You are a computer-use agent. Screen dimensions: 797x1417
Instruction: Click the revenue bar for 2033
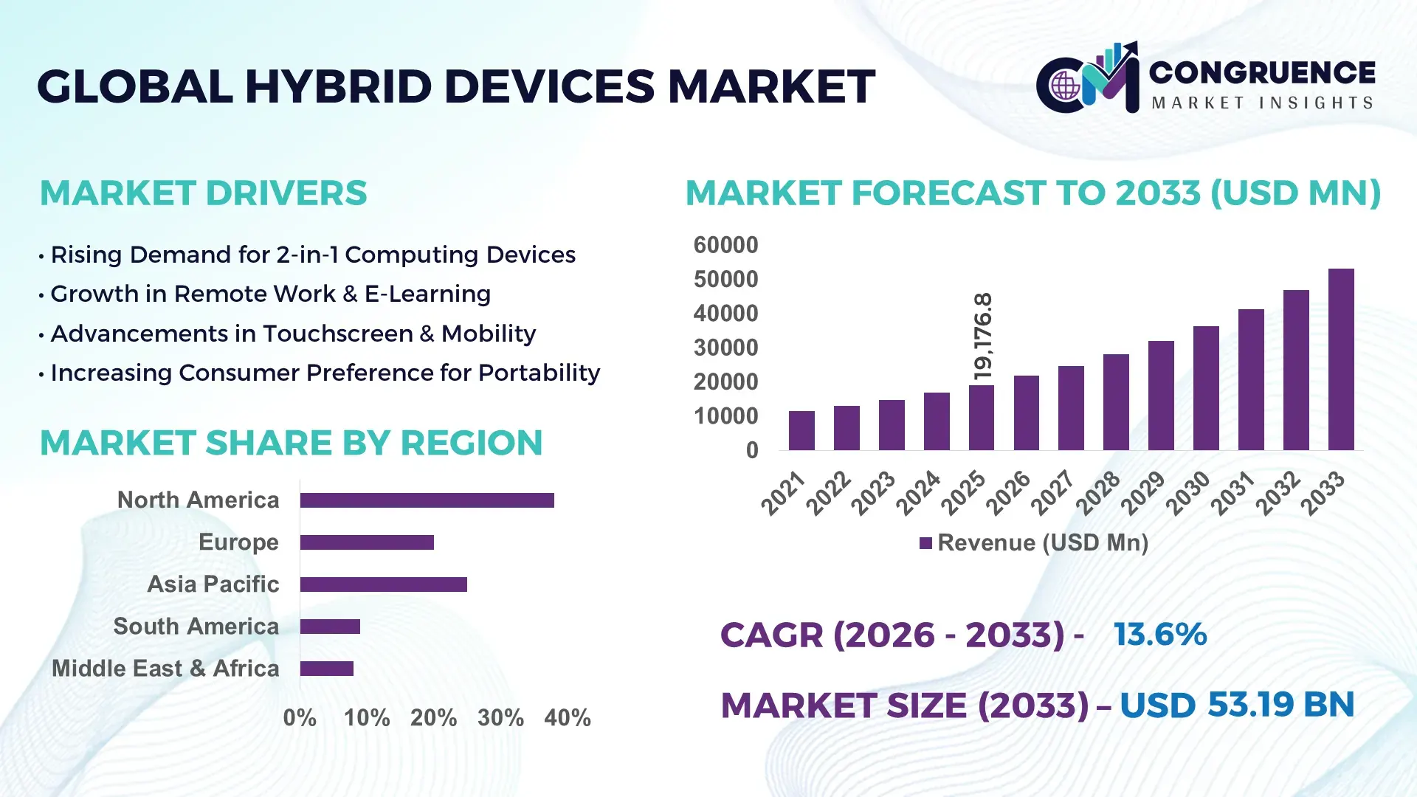pos(1340,359)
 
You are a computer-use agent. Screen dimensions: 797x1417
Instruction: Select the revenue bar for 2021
pos(801,431)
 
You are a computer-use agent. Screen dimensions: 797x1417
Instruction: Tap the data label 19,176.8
pos(983,337)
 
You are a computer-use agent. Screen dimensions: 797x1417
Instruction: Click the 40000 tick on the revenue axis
pos(725,314)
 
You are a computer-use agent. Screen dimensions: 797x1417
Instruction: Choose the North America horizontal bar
pos(427,500)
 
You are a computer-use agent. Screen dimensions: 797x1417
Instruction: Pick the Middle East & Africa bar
pos(326,669)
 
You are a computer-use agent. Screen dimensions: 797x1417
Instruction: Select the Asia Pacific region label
pos(213,584)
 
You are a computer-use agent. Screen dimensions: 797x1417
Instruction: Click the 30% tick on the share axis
pos(500,718)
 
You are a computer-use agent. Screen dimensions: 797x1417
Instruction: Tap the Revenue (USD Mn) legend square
pos(925,544)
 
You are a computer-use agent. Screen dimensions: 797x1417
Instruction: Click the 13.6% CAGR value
pos(1159,635)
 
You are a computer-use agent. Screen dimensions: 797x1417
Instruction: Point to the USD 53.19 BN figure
pos(1237,705)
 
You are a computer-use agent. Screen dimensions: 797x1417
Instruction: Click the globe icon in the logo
pos(1065,86)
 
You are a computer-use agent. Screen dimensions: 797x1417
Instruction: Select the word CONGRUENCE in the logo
pos(1262,72)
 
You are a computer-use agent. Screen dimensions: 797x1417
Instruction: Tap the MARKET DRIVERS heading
pos(203,193)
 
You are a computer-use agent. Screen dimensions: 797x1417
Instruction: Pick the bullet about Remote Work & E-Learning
pos(270,294)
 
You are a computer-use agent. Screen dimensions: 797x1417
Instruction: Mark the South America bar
pos(330,627)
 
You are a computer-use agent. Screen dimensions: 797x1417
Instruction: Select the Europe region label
pos(238,542)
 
